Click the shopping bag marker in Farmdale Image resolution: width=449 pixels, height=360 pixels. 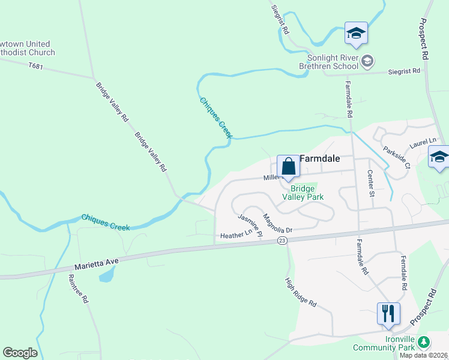pyautogui.click(x=288, y=166)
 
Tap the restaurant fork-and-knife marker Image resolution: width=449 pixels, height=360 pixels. pyautogui.click(x=388, y=314)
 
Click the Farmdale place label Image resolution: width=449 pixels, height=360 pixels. pyautogui.click(x=319, y=159)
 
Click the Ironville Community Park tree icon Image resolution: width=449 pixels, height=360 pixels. pyautogui.click(x=424, y=342)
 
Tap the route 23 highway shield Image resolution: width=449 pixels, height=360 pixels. pyautogui.click(x=282, y=240)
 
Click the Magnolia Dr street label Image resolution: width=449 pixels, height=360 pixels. pyautogui.click(x=277, y=223)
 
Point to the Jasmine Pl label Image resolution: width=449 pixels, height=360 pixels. pyautogui.click(x=250, y=225)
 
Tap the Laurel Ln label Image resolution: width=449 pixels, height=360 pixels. pyautogui.click(x=423, y=142)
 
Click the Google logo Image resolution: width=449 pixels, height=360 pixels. pyautogui.click(x=20, y=352)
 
